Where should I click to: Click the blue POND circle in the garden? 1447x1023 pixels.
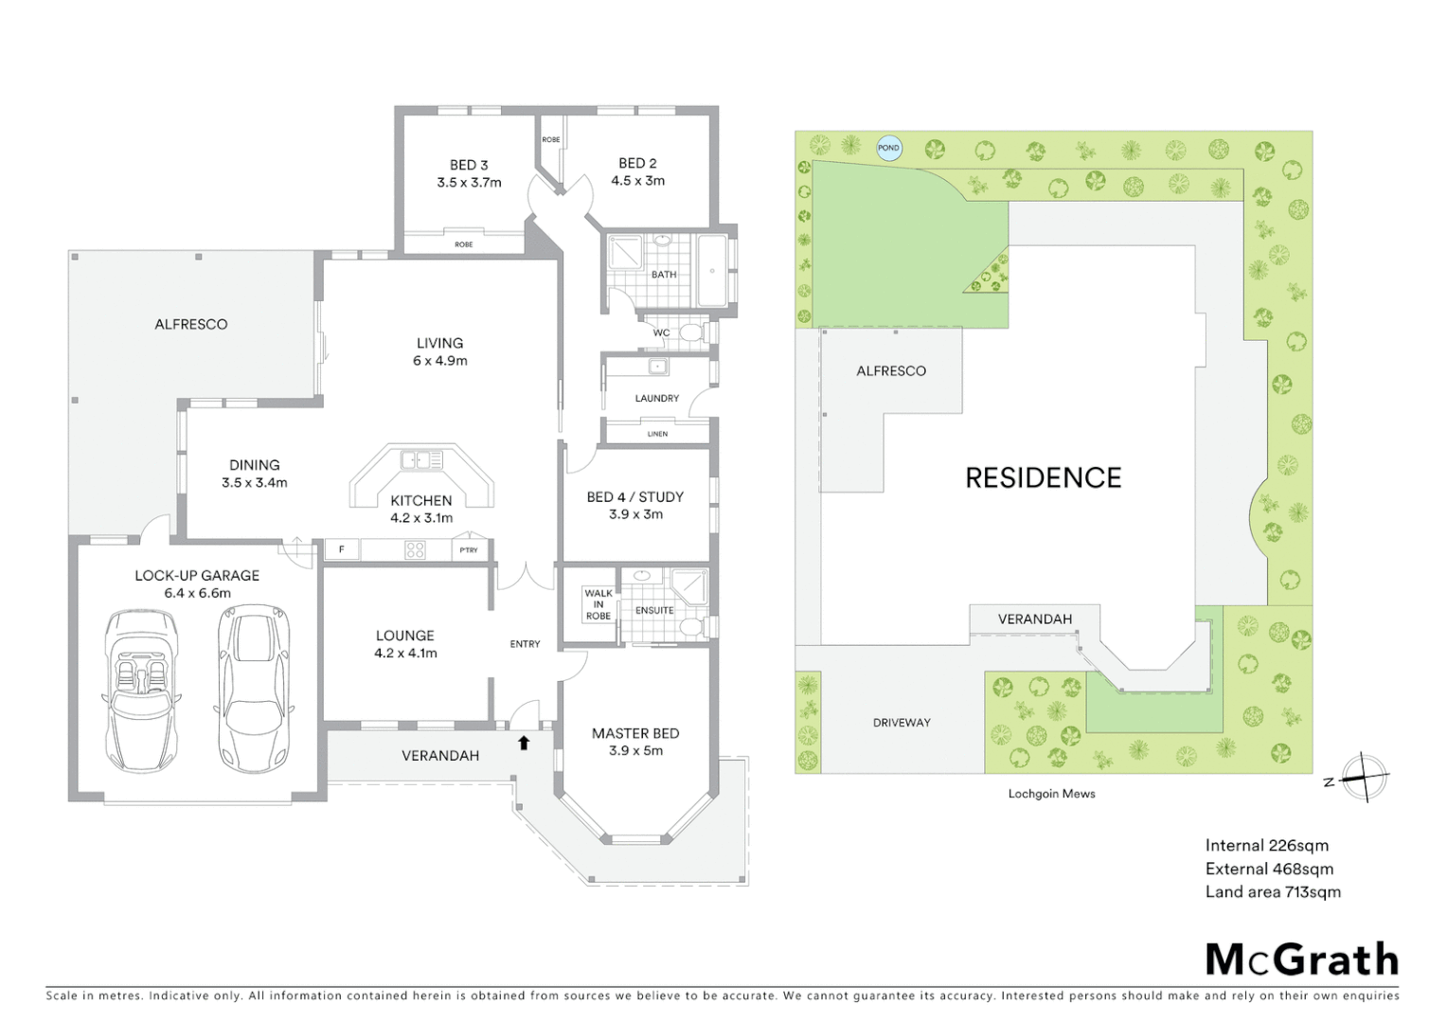tap(888, 148)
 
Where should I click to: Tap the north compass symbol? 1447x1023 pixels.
tap(1363, 778)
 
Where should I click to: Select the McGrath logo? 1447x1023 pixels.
tap(1301, 960)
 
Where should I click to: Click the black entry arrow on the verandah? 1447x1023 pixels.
tap(524, 744)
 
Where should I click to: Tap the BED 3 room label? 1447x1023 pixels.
tap(469, 165)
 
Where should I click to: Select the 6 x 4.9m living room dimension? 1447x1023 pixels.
tap(439, 361)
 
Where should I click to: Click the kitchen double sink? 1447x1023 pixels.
tap(421, 460)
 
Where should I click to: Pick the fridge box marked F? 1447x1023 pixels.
tap(342, 549)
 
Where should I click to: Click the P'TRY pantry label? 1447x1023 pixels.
tap(469, 549)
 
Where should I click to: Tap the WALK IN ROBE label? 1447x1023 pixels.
tap(598, 604)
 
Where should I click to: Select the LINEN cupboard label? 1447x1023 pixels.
tap(657, 434)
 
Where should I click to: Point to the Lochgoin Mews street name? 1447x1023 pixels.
tap(1051, 794)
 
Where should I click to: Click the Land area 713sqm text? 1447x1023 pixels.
tap(1272, 891)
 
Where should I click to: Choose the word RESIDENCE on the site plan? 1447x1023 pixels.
tap(1043, 477)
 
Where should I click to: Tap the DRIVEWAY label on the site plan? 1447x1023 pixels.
tap(902, 723)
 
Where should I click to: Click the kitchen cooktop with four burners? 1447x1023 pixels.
tap(415, 549)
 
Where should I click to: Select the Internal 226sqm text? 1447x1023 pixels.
tap(1266, 845)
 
